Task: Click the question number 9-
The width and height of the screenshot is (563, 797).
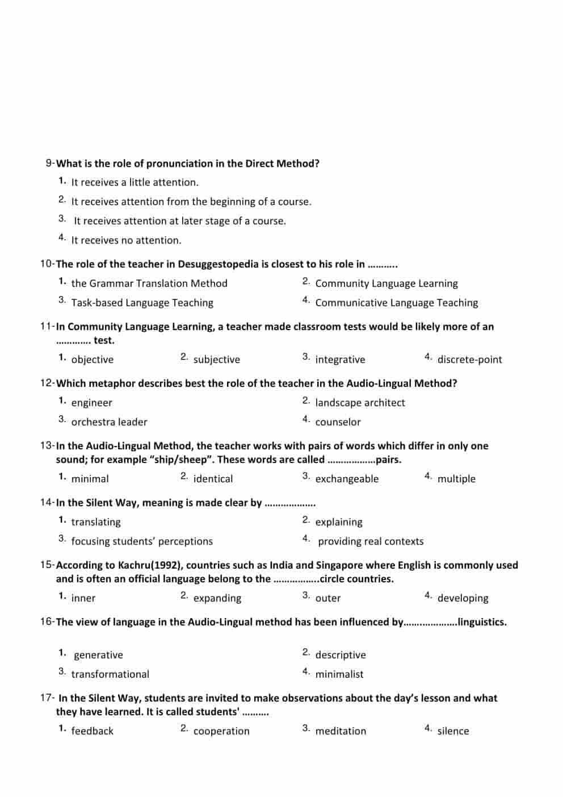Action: point(50,164)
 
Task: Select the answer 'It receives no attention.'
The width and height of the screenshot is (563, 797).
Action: point(126,240)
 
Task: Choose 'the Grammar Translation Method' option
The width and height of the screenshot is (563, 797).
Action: point(149,283)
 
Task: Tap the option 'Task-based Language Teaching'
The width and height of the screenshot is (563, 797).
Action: point(142,303)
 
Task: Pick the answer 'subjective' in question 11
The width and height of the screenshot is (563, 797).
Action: point(216,360)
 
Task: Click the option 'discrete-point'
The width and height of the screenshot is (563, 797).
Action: point(469,360)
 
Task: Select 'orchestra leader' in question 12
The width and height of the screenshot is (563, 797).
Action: point(109,422)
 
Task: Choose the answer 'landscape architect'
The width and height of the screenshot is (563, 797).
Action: point(360,403)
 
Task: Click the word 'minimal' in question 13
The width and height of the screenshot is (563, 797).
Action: point(90,479)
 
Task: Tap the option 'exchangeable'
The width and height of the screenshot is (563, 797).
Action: point(347,479)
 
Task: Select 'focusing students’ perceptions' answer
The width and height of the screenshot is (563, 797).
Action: point(142,541)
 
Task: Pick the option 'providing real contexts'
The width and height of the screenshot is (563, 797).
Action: point(371,541)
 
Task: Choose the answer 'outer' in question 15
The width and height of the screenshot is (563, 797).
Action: point(328,598)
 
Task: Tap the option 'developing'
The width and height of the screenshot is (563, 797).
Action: point(463,598)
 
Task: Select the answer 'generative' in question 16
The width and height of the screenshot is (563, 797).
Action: point(98,655)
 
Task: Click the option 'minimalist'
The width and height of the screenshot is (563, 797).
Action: point(339,674)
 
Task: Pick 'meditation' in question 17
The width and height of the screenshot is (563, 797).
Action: point(341,731)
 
